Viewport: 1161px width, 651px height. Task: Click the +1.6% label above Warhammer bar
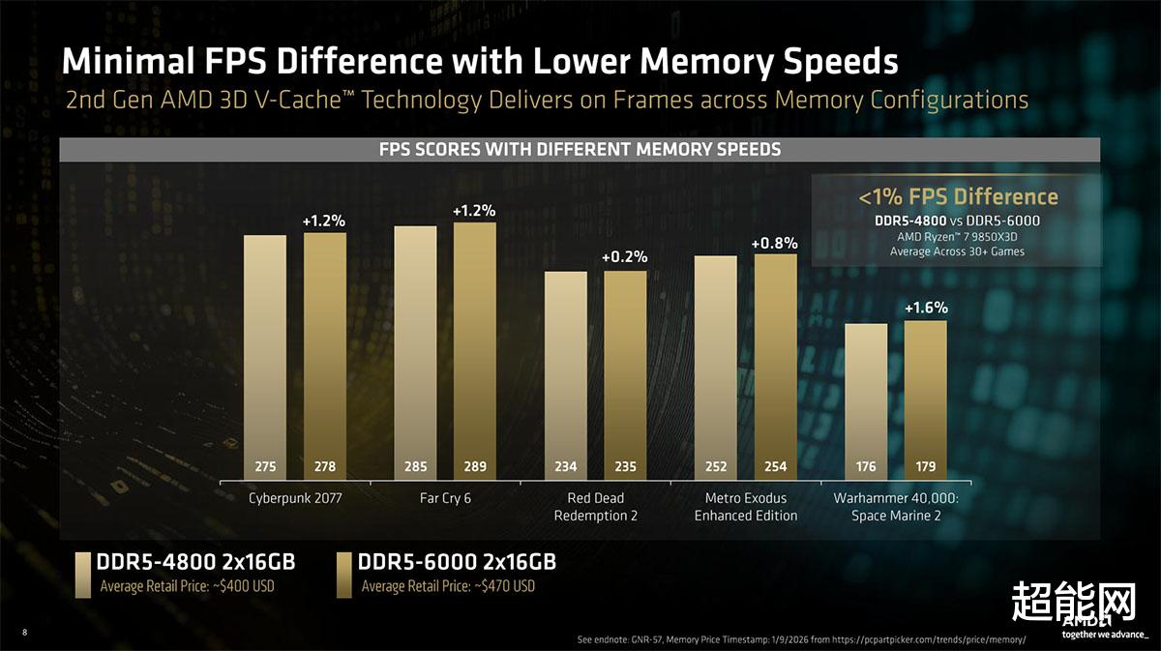point(926,309)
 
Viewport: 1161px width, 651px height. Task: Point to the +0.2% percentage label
point(625,257)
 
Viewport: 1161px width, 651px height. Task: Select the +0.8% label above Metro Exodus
point(775,242)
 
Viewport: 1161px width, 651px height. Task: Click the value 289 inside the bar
point(474,467)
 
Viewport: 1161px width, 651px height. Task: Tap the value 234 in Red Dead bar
point(565,467)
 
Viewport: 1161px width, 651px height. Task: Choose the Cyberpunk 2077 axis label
point(294,499)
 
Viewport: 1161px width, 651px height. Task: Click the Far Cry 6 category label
point(444,499)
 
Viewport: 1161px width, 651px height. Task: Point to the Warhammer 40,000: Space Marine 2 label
point(895,507)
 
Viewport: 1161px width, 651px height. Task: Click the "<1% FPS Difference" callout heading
point(958,197)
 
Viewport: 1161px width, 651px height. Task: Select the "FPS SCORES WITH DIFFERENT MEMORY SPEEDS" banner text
point(580,150)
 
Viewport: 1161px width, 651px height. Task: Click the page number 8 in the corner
point(24,633)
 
